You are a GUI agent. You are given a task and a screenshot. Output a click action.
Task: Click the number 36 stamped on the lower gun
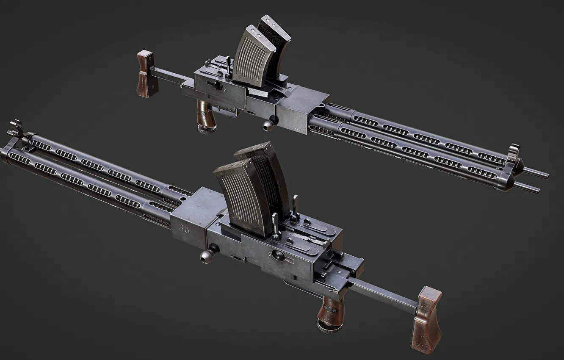[x=184, y=229]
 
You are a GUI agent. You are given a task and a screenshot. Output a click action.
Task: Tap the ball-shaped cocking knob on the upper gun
[x=268, y=125]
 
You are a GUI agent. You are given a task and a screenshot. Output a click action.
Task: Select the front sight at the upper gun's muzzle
[x=514, y=153]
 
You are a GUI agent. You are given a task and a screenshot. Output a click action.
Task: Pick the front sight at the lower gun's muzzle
[x=16, y=127]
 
